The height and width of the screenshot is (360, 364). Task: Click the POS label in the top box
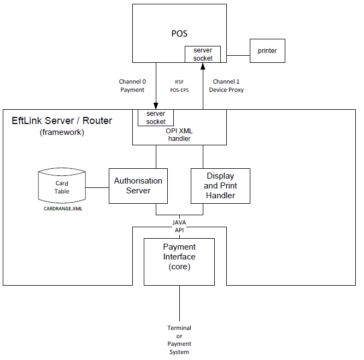point(179,34)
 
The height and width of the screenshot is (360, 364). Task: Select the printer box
point(267,51)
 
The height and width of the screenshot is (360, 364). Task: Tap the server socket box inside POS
point(203,55)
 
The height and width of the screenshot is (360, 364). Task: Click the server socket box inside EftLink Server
point(156,117)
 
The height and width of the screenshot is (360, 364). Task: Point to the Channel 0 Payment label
point(132,86)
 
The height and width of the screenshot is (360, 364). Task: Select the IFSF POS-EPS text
point(179,86)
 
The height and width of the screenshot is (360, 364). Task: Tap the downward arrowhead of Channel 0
point(156,106)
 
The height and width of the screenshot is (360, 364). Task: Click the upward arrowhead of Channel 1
point(203,66)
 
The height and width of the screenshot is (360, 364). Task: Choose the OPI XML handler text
point(179,135)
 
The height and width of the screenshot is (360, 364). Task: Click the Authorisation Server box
point(138,186)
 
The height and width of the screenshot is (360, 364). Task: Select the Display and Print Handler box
point(220,186)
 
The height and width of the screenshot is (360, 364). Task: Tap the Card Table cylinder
point(62,187)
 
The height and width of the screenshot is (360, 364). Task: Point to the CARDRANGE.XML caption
point(63,209)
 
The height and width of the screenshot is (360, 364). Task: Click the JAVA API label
point(179,227)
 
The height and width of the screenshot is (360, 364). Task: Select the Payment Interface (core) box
point(179,261)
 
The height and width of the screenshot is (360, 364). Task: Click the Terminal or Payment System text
point(179,340)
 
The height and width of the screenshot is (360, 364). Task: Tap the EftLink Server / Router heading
point(62,121)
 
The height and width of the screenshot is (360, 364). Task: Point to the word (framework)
point(62,132)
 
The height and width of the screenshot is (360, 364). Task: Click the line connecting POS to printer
point(238,55)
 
